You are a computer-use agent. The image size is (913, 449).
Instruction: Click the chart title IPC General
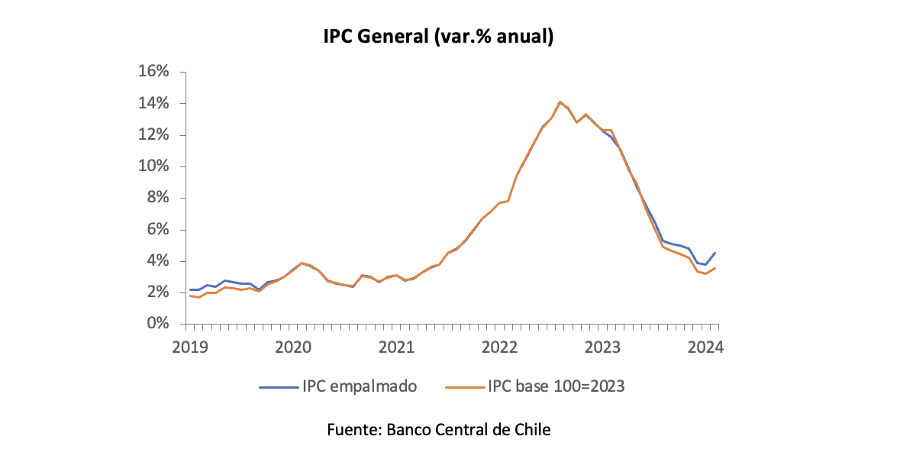[x=437, y=36]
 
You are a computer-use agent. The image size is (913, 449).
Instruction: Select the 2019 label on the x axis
[x=189, y=347]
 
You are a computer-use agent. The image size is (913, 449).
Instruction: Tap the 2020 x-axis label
[x=292, y=347]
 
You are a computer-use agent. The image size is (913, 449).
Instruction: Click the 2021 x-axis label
[x=396, y=347]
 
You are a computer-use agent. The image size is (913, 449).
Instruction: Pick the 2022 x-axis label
[x=499, y=347]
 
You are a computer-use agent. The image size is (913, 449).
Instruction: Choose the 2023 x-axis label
[x=602, y=347]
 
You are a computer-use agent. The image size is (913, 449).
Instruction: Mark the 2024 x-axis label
[x=705, y=347]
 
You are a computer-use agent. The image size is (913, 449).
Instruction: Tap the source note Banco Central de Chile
[x=439, y=429]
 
